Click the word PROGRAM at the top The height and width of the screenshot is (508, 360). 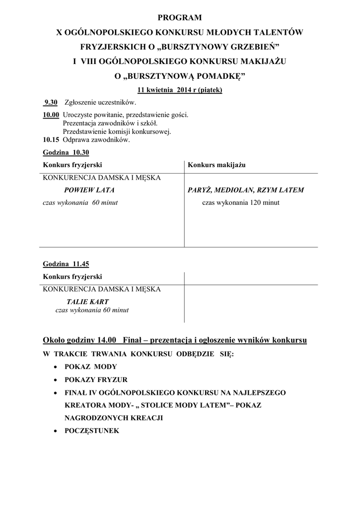pyautogui.click(x=180, y=18)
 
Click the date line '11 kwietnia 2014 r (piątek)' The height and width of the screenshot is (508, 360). pyautogui.click(x=180, y=90)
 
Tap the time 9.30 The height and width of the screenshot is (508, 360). pyautogui.click(x=51, y=102)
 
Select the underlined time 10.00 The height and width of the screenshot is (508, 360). pyautogui.click(x=51, y=115)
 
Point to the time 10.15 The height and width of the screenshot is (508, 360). pyautogui.click(x=51, y=140)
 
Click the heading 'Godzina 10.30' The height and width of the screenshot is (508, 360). pyautogui.click(x=66, y=152)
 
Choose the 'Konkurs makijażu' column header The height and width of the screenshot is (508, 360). pyautogui.click(x=217, y=165)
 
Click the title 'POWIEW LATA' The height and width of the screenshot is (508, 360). pyautogui.click(x=89, y=190)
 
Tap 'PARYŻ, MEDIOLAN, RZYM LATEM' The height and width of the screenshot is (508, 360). pyautogui.click(x=246, y=190)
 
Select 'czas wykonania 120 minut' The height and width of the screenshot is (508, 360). pyautogui.click(x=240, y=202)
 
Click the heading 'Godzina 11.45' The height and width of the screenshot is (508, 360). pyautogui.click(x=66, y=264)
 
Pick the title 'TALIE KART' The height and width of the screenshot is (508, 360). pyautogui.click(x=87, y=302)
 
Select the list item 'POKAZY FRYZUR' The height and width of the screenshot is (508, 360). pyautogui.click(x=96, y=380)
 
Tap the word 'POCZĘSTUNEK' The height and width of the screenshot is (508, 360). pyautogui.click(x=92, y=431)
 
